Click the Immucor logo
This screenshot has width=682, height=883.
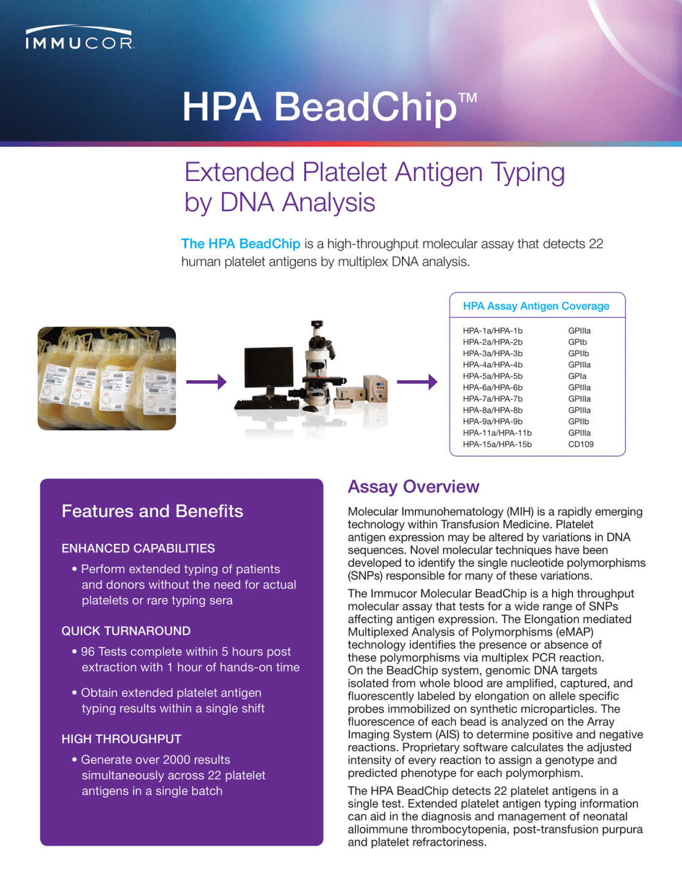(80, 38)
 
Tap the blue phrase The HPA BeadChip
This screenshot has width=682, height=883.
(241, 244)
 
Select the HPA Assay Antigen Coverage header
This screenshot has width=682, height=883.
(536, 306)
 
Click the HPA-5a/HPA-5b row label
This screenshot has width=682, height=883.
(493, 377)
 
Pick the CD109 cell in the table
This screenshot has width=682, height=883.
(580, 445)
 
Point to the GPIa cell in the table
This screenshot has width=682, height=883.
(577, 377)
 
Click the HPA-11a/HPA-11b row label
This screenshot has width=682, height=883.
(497, 433)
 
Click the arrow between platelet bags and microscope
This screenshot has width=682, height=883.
(206, 382)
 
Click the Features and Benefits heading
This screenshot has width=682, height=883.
(152, 511)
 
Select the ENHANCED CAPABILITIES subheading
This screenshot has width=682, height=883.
(138, 549)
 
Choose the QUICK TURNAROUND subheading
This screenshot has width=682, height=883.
(126, 631)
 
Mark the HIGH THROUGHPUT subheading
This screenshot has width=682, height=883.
(121, 740)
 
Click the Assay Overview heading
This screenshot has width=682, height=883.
(413, 487)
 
